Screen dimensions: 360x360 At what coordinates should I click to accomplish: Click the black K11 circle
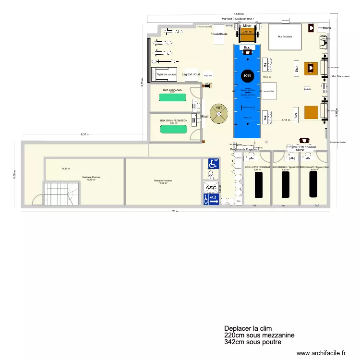coord(247,76)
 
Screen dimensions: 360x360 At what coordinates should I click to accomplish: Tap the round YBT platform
coord(219,113)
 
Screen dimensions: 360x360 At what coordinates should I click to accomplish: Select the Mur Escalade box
coord(284,37)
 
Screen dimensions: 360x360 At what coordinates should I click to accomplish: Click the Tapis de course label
coord(166,74)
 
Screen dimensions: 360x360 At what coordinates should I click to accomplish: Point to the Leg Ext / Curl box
coord(190,74)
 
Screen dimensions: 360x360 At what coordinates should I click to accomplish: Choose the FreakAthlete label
coord(219,35)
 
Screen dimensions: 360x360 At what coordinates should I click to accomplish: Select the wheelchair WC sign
coord(213,164)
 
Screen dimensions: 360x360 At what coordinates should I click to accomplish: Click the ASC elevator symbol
coord(211,188)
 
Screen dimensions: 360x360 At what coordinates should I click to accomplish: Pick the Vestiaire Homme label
coord(162,181)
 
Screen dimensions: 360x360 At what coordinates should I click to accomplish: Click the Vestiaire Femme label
coord(91,178)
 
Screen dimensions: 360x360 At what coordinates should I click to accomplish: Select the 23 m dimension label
coord(175,212)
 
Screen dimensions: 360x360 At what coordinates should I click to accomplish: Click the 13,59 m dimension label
coord(239,14)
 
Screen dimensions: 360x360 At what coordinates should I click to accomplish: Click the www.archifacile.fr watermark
coord(321,352)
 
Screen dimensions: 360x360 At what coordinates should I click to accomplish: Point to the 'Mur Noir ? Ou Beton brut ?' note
coord(238,19)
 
